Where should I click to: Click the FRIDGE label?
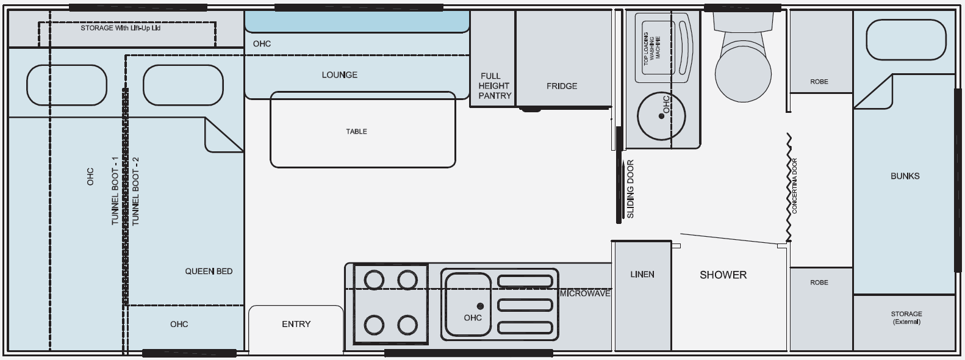[561, 86]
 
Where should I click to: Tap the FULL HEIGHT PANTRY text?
[494, 86]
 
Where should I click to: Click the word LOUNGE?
[339, 75]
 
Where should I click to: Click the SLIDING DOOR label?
[631, 189]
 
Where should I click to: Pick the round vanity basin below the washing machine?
[661, 116]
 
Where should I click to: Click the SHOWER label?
[723, 275]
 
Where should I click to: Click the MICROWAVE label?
[585, 293]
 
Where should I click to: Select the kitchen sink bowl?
[468, 304]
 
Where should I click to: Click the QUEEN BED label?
[209, 272]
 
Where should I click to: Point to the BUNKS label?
[905, 176]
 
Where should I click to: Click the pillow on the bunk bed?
[906, 40]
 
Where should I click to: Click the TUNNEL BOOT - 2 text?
[135, 191]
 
